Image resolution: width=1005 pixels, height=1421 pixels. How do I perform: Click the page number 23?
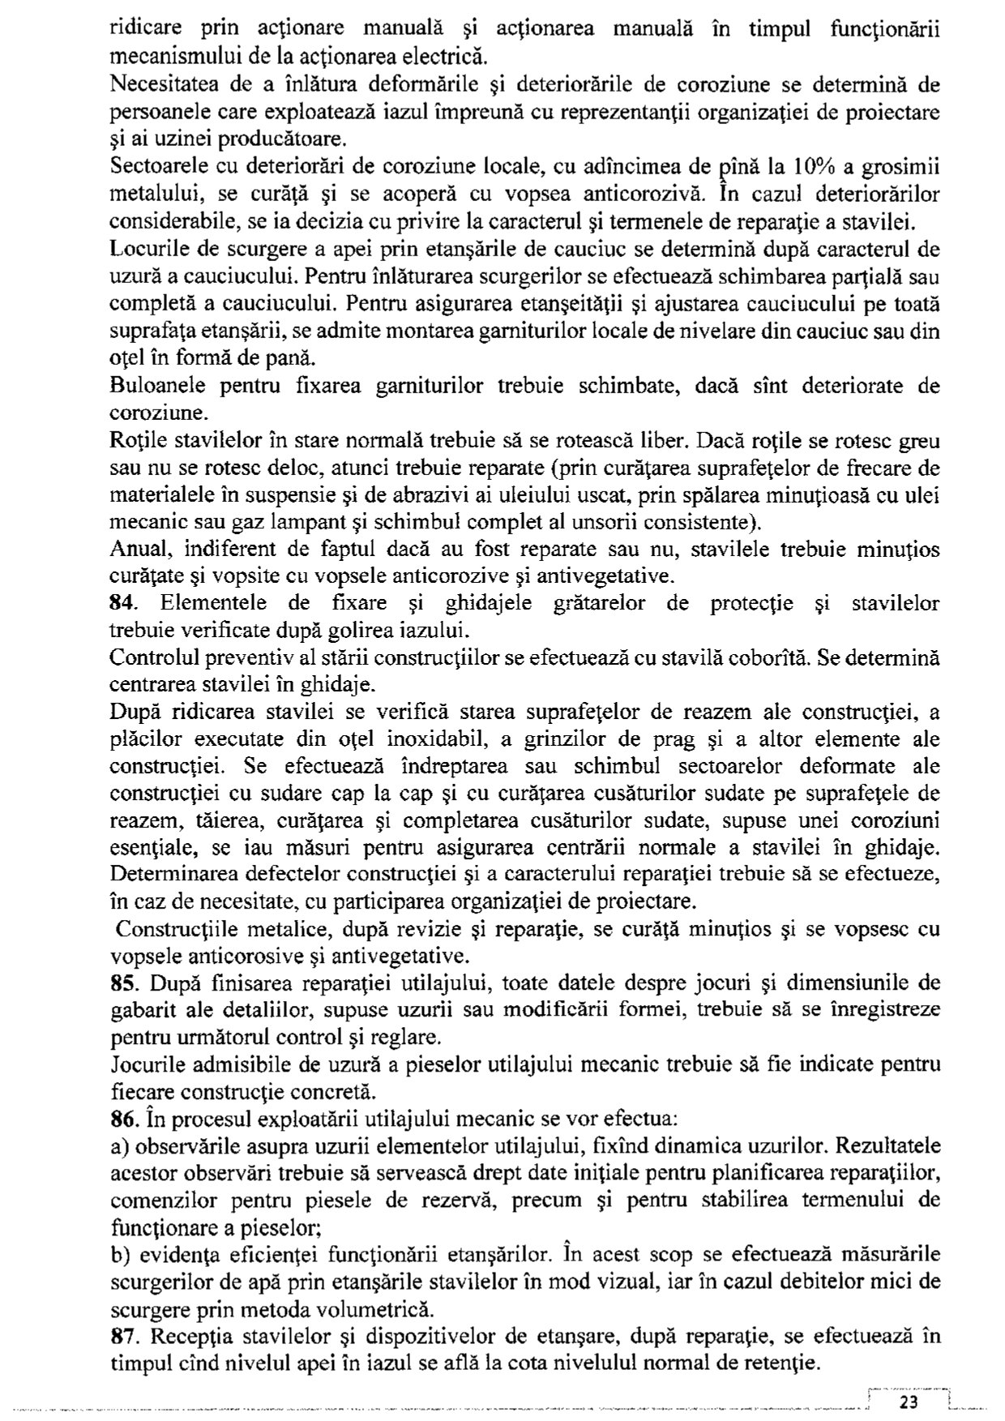(x=909, y=1402)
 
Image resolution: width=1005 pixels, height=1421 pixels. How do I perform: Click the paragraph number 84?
(x=122, y=604)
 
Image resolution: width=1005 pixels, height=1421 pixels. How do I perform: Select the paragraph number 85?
(x=122, y=983)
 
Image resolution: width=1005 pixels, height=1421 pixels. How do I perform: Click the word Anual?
(x=138, y=550)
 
